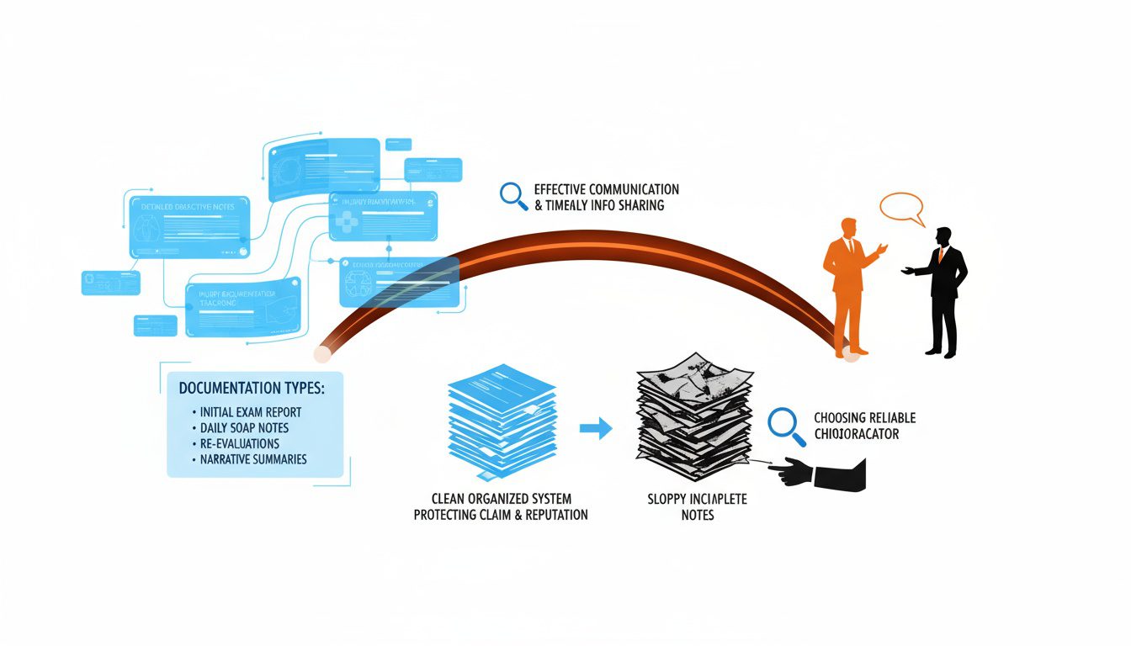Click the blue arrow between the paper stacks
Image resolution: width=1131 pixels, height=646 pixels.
point(595,428)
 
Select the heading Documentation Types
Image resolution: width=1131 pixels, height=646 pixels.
point(252,389)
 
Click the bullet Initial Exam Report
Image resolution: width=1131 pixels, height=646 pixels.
point(251,412)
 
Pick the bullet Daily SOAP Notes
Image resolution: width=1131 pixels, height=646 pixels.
point(244,428)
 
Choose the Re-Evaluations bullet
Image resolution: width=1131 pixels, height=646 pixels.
point(240,443)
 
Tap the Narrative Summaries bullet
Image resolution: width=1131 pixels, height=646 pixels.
point(253,459)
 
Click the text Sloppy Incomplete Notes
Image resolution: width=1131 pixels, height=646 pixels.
point(697,506)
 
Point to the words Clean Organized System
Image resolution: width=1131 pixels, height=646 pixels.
point(501,499)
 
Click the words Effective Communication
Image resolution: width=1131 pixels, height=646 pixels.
point(606,189)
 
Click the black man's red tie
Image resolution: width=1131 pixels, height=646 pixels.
point(941,255)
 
